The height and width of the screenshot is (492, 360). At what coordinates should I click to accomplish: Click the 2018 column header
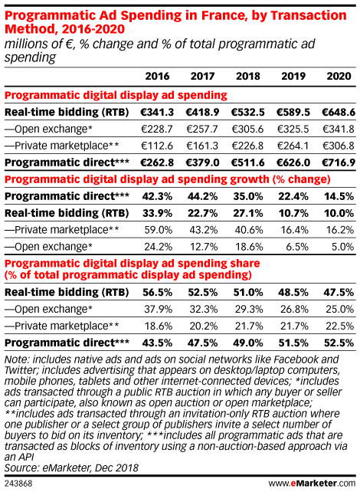[x=248, y=76]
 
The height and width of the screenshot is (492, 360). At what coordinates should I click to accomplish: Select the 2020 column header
[x=339, y=76]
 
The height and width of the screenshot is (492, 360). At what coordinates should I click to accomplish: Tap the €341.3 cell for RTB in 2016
[x=157, y=112]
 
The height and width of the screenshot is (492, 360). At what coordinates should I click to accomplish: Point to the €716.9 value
[x=339, y=162]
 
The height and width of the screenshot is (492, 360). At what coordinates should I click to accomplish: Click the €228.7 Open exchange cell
[x=157, y=129]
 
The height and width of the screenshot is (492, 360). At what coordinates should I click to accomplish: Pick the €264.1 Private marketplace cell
[x=293, y=146]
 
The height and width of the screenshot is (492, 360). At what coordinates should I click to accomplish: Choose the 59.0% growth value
[x=158, y=230]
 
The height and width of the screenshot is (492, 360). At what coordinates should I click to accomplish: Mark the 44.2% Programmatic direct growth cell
[x=203, y=196]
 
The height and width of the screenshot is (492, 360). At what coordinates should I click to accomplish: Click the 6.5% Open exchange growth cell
[x=297, y=247]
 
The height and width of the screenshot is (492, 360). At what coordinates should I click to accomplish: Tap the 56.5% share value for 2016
[x=158, y=293]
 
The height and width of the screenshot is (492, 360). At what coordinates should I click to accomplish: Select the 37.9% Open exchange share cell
[x=158, y=310]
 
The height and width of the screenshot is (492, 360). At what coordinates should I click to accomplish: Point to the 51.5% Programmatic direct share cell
[x=293, y=343]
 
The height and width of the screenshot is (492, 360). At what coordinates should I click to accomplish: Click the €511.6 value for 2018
[x=248, y=162]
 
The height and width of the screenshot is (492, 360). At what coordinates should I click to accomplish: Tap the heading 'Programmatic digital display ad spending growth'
[x=137, y=179]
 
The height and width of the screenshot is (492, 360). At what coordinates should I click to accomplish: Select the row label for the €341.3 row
[x=67, y=112]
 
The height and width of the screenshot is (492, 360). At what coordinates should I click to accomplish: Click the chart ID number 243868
[x=18, y=484]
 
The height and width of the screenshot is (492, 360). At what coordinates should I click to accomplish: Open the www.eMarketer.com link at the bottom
[x=312, y=483]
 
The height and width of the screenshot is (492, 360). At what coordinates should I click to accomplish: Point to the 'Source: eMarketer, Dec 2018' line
[x=71, y=467]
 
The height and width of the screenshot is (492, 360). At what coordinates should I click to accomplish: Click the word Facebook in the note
[x=298, y=359]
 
